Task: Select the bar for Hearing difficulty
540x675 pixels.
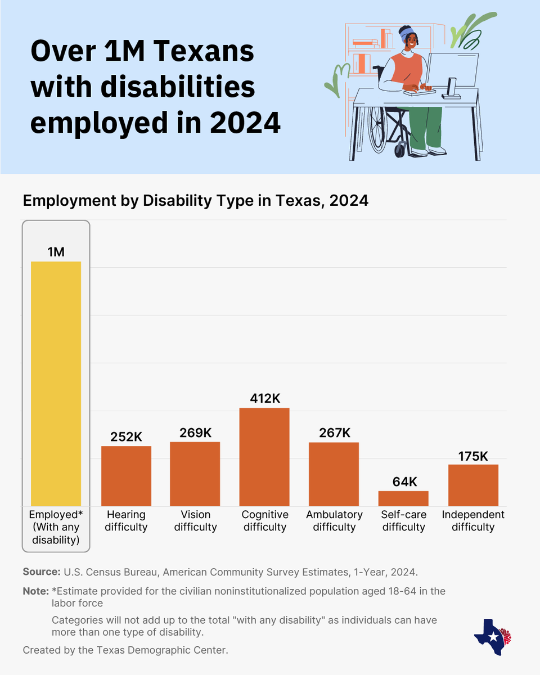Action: [x=126, y=476]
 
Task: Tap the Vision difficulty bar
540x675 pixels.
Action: [x=195, y=474]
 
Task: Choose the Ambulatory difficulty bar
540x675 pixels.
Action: [x=334, y=474]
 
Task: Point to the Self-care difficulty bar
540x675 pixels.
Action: [x=403, y=498]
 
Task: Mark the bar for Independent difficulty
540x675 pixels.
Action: [x=473, y=485]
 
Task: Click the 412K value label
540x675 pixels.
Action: [x=264, y=398]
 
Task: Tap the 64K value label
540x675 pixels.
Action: [x=403, y=482]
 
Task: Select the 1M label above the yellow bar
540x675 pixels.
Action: [x=56, y=252]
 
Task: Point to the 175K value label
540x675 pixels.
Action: [x=473, y=456]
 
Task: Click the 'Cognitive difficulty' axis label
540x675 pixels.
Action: [x=264, y=521]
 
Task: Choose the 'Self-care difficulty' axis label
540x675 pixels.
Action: [x=403, y=521]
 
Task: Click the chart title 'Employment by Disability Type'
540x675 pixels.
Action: [x=195, y=201]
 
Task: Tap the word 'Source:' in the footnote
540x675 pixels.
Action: [x=41, y=572]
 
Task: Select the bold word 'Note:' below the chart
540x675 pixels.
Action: [x=35, y=591]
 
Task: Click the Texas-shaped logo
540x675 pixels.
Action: [x=490, y=637]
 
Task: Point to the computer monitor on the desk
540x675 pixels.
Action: [x=453, y=70]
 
